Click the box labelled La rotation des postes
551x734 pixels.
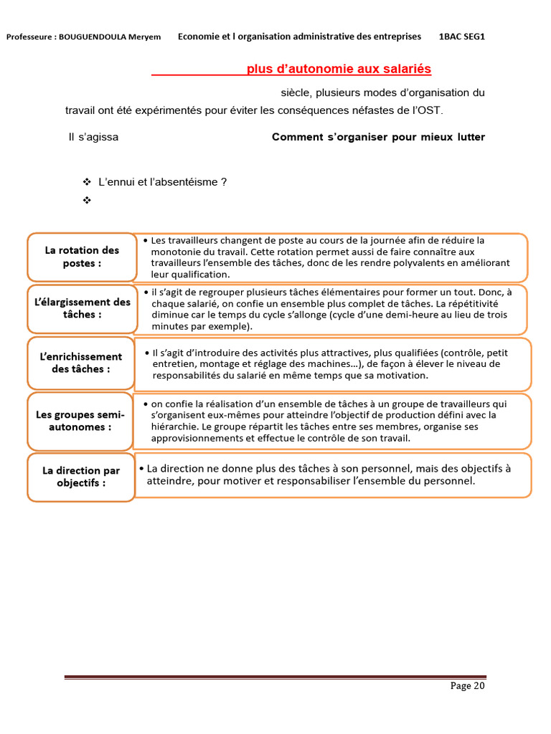pos(82,257)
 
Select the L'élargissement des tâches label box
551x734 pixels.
pos(82,308)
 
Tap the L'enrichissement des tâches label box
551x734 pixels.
pos(81,363)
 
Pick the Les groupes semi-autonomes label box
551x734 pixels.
pos(80,421)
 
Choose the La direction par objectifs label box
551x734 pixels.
pos(81,477)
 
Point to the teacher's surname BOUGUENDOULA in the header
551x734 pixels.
pos(100,37)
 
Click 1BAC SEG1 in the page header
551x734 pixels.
pos(461,36)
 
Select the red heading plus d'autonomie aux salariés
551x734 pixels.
pos(339,69)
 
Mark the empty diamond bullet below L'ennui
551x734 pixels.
pos(88,201)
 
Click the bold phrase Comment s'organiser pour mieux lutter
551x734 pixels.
pos(378,137)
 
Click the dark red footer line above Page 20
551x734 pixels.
pos(275,677)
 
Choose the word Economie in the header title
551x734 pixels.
pos(198,36)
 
